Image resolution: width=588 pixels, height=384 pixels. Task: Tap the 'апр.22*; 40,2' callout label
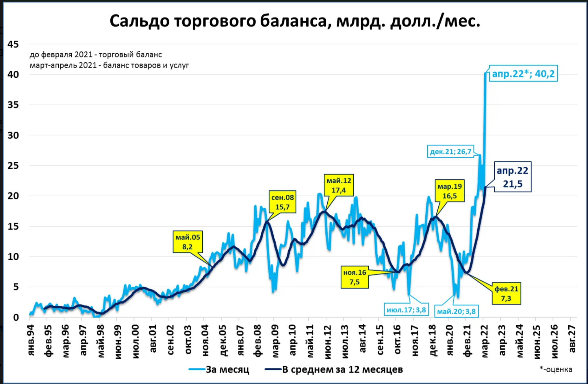pos(523,74)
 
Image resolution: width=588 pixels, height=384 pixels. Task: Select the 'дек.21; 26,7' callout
pos(450,152)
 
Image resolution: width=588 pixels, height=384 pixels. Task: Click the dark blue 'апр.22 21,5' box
pos(513,177)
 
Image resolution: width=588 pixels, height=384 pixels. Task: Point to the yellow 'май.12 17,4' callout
pos(339,185)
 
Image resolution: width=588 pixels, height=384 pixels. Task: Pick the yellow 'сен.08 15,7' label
pos(282,202)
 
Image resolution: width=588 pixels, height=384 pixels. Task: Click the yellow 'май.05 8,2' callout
pos(188,242)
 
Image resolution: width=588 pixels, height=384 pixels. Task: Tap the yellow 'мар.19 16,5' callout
pos(450,191)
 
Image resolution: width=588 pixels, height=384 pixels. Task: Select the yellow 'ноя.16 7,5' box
pos(355,277)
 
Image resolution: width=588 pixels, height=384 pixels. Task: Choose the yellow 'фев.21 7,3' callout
pos(506,293)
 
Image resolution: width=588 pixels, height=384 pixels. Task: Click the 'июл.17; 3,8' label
pos(406,310)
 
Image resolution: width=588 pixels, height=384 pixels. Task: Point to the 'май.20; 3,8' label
pos(456,311)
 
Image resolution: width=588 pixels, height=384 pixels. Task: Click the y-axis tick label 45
pos(13,44)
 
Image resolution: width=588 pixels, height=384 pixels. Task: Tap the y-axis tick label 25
pos(13,166)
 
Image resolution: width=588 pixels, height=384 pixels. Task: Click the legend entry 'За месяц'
pos(227,369)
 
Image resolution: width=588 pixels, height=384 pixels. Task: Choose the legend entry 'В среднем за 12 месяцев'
pos(342,369)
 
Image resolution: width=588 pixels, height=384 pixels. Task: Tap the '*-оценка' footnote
pos(556,369)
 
